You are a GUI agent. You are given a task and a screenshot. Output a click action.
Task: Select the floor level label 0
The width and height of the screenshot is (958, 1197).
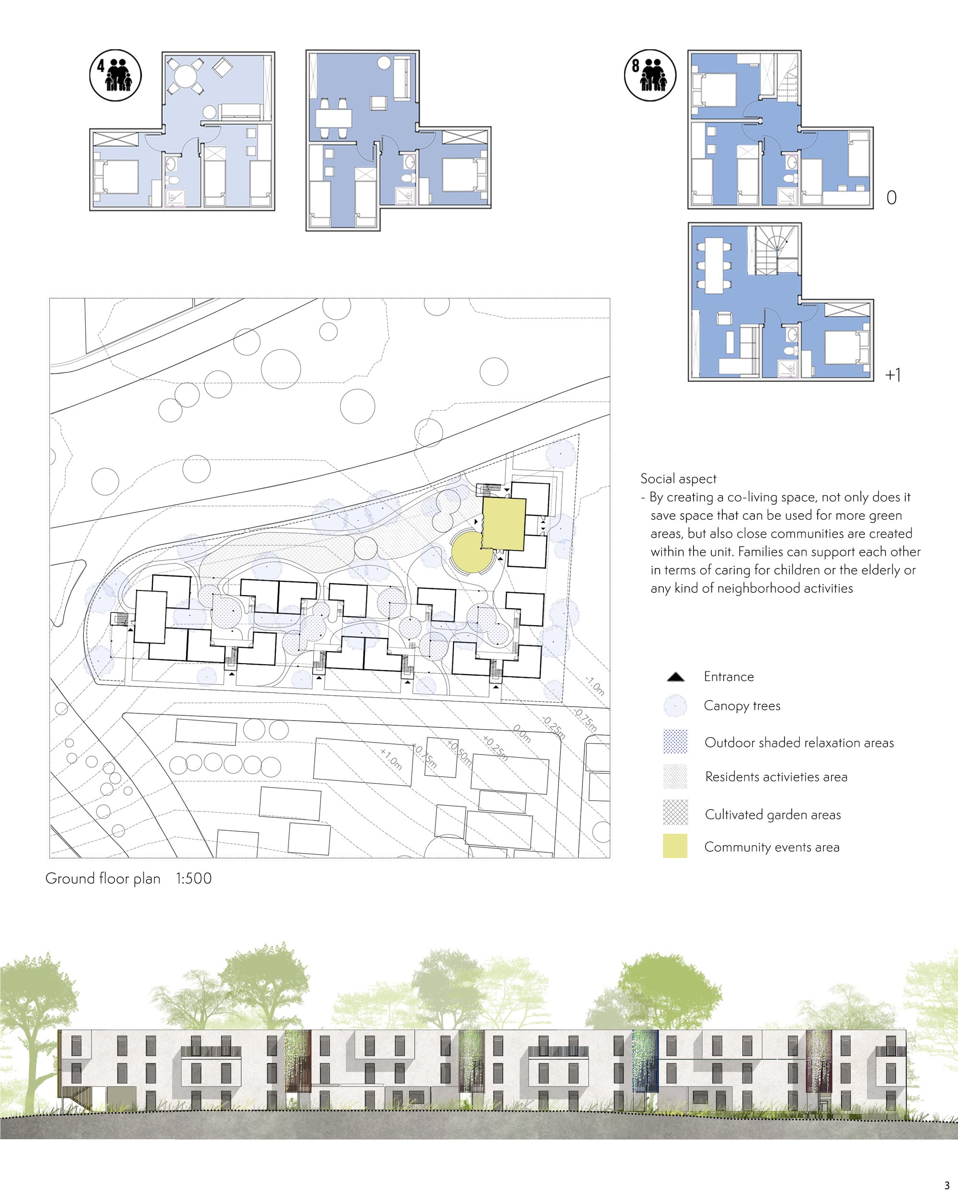[891, 198]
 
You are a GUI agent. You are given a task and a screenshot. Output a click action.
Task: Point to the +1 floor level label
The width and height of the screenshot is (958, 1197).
[892, 375]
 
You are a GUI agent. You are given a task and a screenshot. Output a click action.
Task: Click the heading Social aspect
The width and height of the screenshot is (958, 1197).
[678, 479]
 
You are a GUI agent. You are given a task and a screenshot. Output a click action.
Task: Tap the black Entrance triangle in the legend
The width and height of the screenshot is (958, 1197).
[675, 677]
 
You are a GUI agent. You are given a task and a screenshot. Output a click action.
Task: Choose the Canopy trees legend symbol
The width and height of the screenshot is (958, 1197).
[675, 706]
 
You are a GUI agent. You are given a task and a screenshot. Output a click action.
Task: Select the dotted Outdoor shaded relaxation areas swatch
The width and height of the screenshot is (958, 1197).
[675, 742]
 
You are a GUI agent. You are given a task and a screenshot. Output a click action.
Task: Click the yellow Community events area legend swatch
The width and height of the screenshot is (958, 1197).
[675, 846]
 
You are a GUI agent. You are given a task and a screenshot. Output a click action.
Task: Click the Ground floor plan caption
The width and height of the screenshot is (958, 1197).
[103, 878]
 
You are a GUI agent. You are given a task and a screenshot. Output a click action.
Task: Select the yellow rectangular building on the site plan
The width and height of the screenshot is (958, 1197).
[504, 523]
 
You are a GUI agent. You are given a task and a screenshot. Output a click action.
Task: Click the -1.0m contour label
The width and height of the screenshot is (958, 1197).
[595, 686]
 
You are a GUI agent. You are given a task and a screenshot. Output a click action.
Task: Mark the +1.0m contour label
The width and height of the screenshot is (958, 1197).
[391, 758]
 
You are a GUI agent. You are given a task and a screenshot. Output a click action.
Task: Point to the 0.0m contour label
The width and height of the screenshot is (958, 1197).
[522, 734]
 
